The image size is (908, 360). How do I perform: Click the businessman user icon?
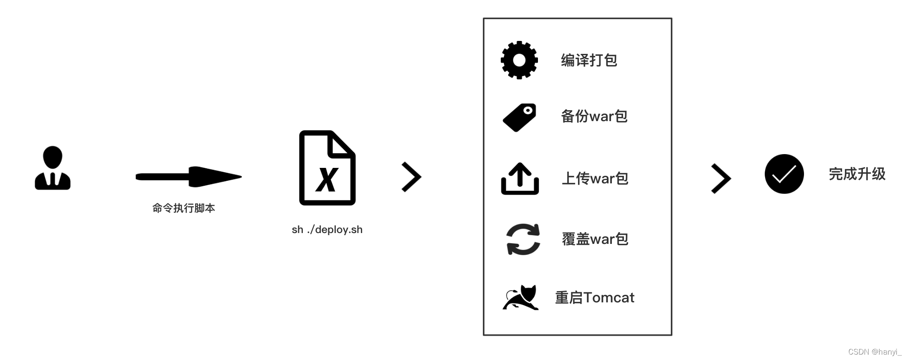click(53, 168)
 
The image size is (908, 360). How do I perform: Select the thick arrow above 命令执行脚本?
click(188, 177)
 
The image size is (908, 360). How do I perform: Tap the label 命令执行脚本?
click(184, 208)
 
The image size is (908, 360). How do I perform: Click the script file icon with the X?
click(327, 168)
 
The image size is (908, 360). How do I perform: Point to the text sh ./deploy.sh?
click(327, 230)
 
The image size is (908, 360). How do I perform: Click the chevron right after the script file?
click(411, 177)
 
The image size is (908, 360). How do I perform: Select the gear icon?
click(519, 60)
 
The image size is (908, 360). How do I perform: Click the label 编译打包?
click(589, 60)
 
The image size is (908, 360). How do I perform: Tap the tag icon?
click(520, 117)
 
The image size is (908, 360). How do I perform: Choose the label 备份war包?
click(594, 116)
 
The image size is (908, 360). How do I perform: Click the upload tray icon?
click(520, 179)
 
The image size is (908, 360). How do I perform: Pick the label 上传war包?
click(595, 178)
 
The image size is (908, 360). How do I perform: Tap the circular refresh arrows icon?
click(523, 239)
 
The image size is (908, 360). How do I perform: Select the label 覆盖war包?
click(595, 239)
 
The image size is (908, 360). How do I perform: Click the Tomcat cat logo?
click(520, 298)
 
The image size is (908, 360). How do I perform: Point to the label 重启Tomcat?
click(594, 297)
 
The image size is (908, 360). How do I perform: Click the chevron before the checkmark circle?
click(721, 178)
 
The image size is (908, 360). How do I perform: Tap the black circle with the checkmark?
click(784, 174)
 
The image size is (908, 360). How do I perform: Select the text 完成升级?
click(857, 174)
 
